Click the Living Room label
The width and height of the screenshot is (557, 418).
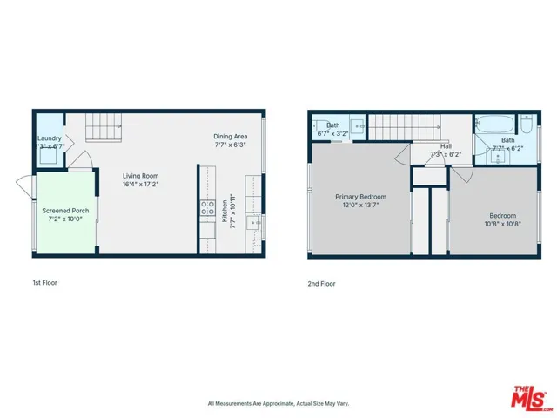coord(139,175)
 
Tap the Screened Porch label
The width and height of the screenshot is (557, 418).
coord(65,210)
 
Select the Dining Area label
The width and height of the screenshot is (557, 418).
coord(231,136)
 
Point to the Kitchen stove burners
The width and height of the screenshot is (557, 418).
coord(208,207)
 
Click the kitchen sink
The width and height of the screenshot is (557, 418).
coord(254,224)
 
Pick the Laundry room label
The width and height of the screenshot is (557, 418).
coord(49,138)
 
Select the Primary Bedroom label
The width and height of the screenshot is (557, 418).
coord(360,197)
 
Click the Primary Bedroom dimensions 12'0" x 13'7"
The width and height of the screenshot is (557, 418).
coord(360,206)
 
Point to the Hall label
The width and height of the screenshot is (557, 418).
coord(446,146)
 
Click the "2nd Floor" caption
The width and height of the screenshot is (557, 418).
coord(321,283)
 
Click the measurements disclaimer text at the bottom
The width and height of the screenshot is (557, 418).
coord(278,403)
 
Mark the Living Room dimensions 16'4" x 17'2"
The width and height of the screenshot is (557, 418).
coord(139,184)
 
